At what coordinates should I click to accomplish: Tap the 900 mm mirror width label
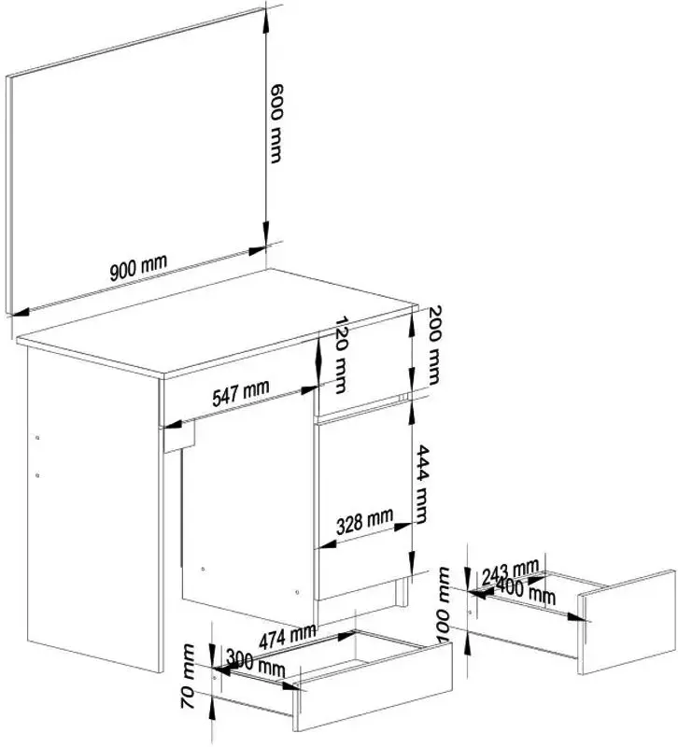[138, 269]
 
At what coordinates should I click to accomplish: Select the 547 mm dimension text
[240, 393]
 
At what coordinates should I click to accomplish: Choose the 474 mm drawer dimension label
[289, 637]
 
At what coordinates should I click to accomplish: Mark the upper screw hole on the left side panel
[36, 436]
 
